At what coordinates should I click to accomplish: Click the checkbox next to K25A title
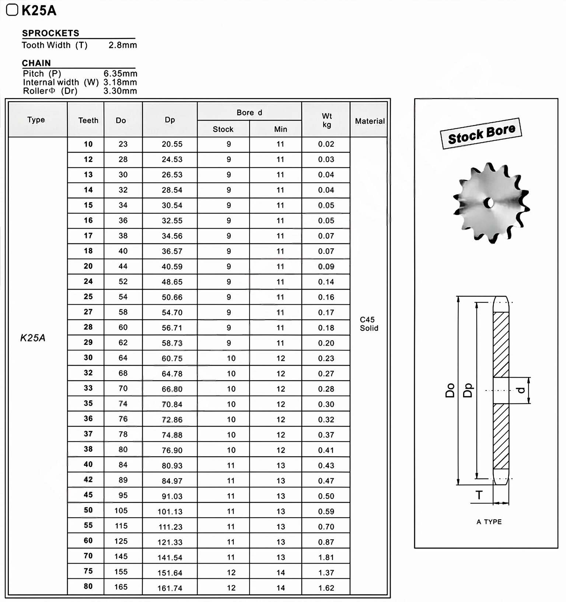(12, 10)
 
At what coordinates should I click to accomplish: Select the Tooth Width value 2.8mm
(122, 45)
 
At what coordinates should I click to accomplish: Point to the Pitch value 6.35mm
(120, 74)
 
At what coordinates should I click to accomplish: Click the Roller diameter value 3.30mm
(120, 91)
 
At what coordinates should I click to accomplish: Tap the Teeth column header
(88, 121)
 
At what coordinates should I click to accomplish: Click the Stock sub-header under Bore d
(223, 129)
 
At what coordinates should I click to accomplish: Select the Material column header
(370, 121)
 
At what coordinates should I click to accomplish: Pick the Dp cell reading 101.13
(170, 512)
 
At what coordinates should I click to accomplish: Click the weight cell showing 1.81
(326, 557)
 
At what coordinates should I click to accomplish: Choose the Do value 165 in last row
(121, 587)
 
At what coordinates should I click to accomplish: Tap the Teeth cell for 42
(88, 480)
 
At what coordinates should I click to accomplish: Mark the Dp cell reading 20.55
(172, 144)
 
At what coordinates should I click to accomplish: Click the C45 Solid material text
(369, 324)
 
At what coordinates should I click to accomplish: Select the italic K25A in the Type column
(33, 338)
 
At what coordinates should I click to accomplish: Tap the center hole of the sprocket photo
(489, 203)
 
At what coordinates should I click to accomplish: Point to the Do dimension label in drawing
(450, 390)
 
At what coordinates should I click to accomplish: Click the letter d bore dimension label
(521, 390)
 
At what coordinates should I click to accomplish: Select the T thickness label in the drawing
(479, 495)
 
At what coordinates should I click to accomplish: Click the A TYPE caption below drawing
(489, 522)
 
